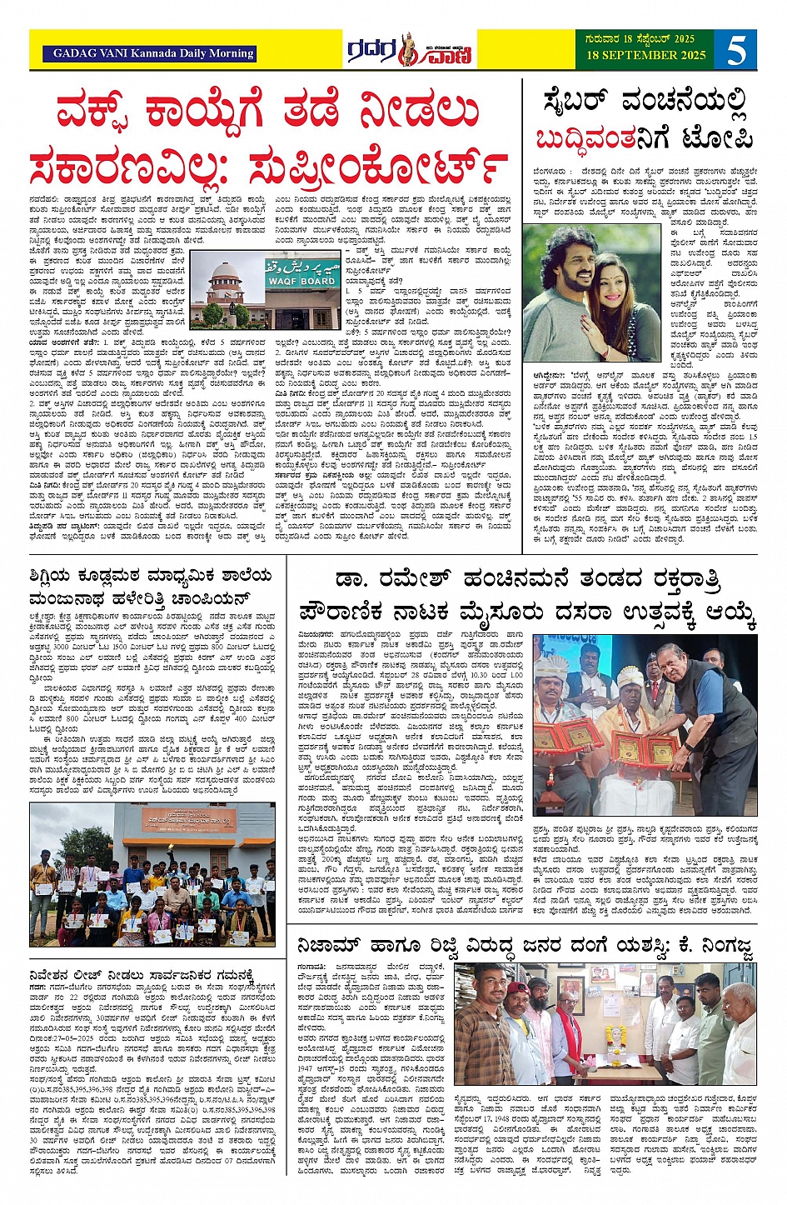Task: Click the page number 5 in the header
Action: tap(736, 51)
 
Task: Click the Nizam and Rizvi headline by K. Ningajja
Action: tap(525, 947)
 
